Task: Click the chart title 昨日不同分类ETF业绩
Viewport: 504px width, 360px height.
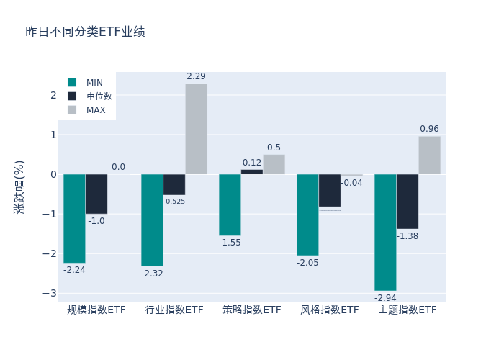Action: coord(85,32)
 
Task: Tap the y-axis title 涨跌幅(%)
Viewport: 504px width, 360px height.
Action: coord(19,186)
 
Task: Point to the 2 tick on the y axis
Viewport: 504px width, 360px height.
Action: coord(53,95)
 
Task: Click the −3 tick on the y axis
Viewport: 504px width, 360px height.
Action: coord(50,293)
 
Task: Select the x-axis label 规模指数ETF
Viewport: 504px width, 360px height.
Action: coord(96,310)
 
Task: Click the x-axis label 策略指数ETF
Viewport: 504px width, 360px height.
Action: coord(252,310)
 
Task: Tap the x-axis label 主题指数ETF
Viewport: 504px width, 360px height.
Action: coord(408,310)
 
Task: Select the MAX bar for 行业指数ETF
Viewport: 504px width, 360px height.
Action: coord(196,129)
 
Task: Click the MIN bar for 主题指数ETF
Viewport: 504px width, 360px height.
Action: coord(385,232)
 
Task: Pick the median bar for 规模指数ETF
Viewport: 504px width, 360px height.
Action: coord(96,194)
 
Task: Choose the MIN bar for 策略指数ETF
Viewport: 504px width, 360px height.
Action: coord(230,204)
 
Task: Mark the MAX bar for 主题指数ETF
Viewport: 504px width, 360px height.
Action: coord(429,156)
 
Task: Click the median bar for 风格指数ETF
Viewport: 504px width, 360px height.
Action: coord(330,190)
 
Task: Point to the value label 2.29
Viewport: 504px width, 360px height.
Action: coord(196,76)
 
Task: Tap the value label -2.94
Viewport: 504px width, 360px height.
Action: coord(385,297)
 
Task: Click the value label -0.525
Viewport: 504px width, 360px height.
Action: coord(174,202)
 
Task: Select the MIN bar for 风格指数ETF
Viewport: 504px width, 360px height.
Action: coord(307,215)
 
